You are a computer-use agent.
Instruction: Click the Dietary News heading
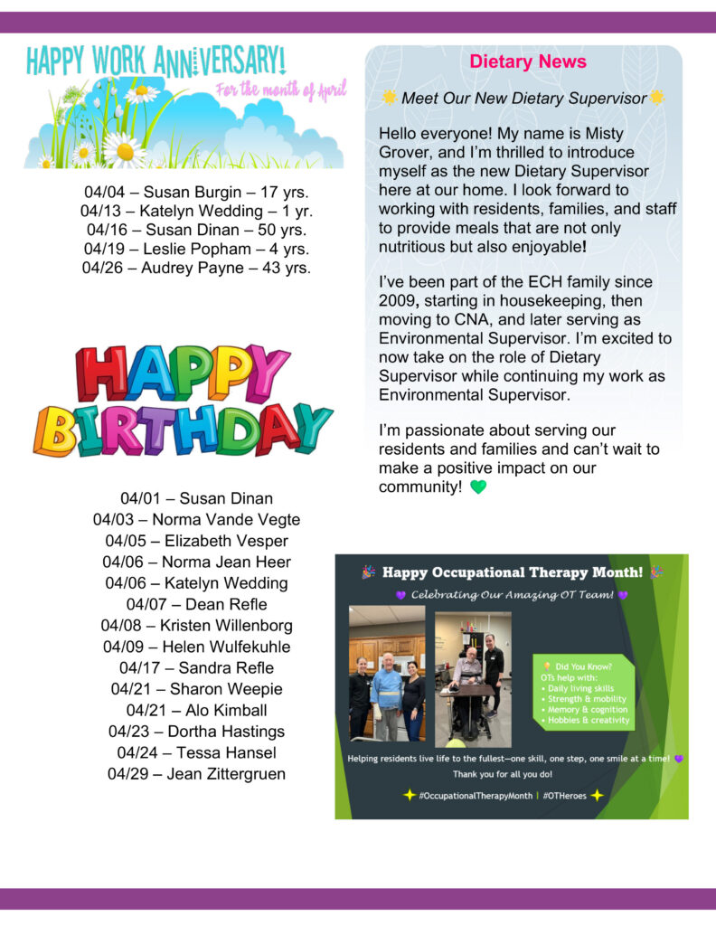coord(528,62)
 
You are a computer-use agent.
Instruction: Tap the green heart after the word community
coord(478,487)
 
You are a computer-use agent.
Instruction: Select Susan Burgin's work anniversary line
coord(196,192)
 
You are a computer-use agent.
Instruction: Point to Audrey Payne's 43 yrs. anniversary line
coord(196,268)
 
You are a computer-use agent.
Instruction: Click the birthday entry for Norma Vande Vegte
coord(196,520)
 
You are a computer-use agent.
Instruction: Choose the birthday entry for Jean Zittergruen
coord(196,774)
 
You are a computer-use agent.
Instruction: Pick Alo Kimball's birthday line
coord(196,710)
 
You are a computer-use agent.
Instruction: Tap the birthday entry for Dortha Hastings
coord(196,732)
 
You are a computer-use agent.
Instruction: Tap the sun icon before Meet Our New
coord(390,97)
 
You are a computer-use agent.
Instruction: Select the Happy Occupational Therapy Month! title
coord(512,572)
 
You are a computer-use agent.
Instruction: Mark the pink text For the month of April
coord(280,89)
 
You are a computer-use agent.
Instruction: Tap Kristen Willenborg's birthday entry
coord(196,626)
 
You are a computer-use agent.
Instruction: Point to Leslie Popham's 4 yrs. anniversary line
coord(196,249)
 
